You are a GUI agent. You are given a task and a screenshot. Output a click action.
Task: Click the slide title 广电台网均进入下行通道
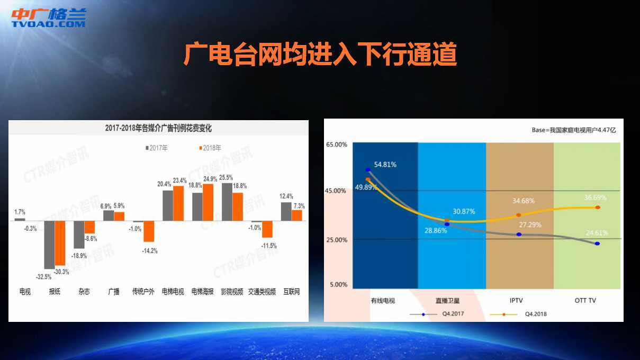coord(320,55)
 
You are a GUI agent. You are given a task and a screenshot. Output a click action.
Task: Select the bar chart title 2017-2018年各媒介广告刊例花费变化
coord(158,128)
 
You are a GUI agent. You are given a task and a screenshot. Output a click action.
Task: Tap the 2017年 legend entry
coord(156,148)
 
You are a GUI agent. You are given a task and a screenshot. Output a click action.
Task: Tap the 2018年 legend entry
coord(210,148)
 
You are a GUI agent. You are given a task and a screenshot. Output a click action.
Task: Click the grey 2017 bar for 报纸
coord(49,245)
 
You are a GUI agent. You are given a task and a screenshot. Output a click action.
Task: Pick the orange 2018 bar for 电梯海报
coord(208,203)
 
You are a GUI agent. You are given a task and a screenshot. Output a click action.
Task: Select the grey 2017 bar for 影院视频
coord(227,202)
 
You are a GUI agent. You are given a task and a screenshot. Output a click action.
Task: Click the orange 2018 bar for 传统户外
coord(149,231)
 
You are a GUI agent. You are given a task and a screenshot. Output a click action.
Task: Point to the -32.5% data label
coord(43,277)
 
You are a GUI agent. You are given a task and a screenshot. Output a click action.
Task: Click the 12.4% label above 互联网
coord(286,196)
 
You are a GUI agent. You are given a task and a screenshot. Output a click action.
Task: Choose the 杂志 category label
coord(84,292)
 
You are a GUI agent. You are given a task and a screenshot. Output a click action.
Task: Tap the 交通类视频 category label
coord(262,292)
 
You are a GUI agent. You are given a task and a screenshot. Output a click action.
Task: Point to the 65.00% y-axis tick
coord(337,145)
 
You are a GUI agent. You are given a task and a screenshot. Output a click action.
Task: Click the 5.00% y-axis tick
coord(339,285)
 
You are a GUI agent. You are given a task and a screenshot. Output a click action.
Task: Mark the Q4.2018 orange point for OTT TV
coord(598,208)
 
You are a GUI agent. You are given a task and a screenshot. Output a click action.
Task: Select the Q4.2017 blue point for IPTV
coord(519,235)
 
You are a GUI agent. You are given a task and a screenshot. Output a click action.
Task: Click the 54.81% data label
coord(385,165)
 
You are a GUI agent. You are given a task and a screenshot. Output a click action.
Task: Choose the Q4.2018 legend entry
coord(518,314)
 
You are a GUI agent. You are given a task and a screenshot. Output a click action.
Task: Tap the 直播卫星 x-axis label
coord(447,301)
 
